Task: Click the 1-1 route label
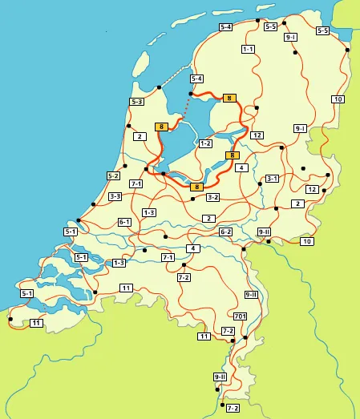[x=248, y=49]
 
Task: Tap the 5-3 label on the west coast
[x=137, y=102]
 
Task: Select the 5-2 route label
[x=113, y=175]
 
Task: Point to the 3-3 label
[x=115, y=196]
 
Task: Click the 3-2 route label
[x=212, y=196]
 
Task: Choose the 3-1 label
[x=272, y=178]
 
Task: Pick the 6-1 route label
[x=124, y=222]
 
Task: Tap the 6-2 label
[x=225, y=232]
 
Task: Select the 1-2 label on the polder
[x=205, y=143]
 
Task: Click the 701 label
[x=240, y=316]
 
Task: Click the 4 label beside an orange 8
[x=241, y=167]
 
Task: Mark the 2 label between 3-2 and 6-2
[x=208, y=218]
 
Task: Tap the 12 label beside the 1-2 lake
[x=257, y=135]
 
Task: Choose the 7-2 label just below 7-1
[x=184, y=277]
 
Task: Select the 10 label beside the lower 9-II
[x=305, y=241]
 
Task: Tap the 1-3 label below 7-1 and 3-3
[x=148, y=212]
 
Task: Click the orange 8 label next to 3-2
[x=196, y=187]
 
